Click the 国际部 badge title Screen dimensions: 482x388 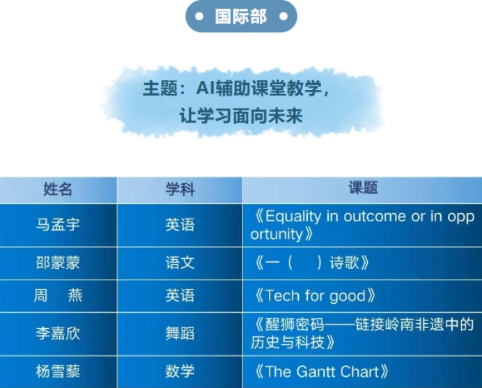point(241,16)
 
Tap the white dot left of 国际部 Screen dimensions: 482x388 point(199,16)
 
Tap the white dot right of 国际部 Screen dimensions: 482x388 point(283,16)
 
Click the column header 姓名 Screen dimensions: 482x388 point(58,189)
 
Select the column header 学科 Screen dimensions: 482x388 point(180,189)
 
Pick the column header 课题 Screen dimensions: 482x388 point(363,187)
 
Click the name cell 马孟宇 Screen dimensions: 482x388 point(58,224)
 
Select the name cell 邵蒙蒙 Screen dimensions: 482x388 point(58,263)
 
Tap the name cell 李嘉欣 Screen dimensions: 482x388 point(58,333)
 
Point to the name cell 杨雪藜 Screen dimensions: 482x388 point(58,371)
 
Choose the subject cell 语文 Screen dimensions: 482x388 point(180,263)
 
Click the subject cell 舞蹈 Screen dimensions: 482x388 point(180,333)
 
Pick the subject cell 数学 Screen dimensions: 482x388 point(180,371)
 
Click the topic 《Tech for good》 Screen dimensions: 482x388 point(314,295)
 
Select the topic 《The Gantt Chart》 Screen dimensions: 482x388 point(321,371)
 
